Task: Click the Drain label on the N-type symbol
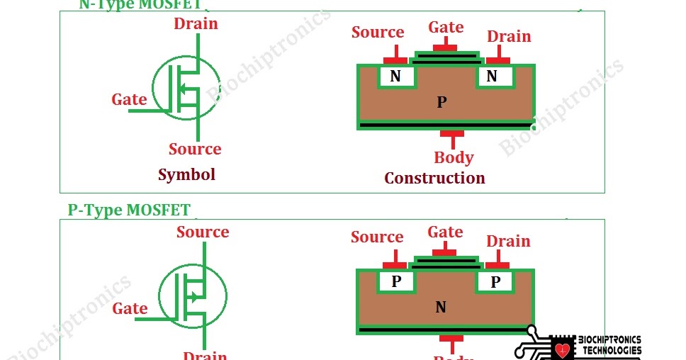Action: [x=196, y=23]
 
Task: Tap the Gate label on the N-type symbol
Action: [x=129, y=99]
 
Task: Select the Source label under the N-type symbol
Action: [x=195, y=149]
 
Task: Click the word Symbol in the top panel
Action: [x=186, y=174]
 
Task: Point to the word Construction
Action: [x=434, y=178]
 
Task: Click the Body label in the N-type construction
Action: [x=454, y=157]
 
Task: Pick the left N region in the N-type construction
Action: [x=395, y=77]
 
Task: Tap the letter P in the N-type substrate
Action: [x=442, y=103]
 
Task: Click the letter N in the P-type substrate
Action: [x=441, y=308]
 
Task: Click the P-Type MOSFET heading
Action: [x=129, y=210]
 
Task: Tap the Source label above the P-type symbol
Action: [x=203, y=232]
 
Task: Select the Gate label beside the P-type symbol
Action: [x=130, y=308]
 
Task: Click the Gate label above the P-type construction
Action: [x=445, y=232]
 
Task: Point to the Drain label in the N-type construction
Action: [x=509, y=36]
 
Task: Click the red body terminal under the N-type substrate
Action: [x=452, y=134]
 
